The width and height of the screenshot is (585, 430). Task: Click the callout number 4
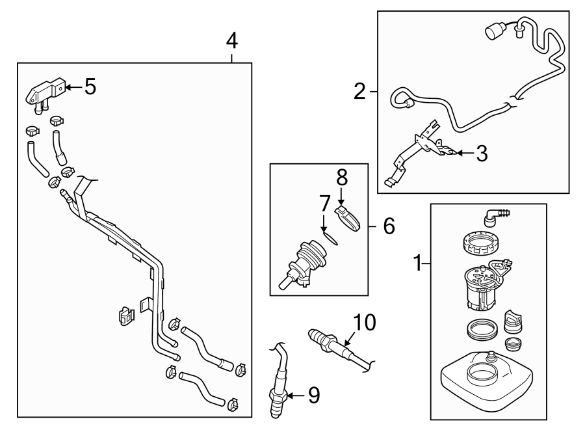point(232,42)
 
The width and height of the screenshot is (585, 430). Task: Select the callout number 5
point(90,87)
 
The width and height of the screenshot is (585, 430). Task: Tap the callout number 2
point(359,92)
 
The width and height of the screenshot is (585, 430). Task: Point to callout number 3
point(481,154)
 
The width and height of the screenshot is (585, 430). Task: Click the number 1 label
point(418,263)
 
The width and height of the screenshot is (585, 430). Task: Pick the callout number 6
point(388,226)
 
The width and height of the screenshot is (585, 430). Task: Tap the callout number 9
point(314,395)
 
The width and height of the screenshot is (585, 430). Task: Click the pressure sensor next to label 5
point(44,94)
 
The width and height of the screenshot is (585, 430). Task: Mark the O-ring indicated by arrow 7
point(331,238)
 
